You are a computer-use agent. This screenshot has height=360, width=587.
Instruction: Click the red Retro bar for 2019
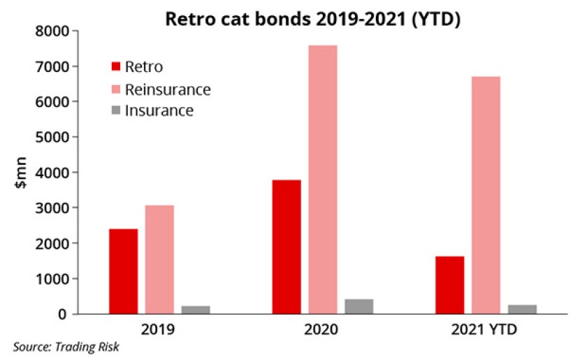(123, 271)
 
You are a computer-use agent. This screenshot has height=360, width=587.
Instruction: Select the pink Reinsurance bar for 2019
(159, 259)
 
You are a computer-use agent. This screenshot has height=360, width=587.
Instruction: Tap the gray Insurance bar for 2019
(195, 310)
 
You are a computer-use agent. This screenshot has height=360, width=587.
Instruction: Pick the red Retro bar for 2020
(287, 247)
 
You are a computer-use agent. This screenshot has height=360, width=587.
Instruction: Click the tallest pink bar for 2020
(322, 180)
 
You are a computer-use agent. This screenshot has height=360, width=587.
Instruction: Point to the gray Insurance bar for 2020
(358, 306)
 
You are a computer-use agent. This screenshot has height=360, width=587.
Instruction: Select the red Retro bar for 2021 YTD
(449, 285)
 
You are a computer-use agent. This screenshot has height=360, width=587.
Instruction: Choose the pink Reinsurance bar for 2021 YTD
(485, 195)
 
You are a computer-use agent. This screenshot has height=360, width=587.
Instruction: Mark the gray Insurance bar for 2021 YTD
(521, 309)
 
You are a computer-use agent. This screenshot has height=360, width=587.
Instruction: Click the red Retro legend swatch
(116, 67)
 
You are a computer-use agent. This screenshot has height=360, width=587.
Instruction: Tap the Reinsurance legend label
(167, 89)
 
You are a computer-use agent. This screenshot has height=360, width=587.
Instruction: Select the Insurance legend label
(159, 110)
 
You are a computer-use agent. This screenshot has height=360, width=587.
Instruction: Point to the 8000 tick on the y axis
(52, 31)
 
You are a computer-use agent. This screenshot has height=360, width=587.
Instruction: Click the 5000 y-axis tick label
(52, 138)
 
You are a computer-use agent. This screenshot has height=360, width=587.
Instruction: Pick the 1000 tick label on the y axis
(52, 279)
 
